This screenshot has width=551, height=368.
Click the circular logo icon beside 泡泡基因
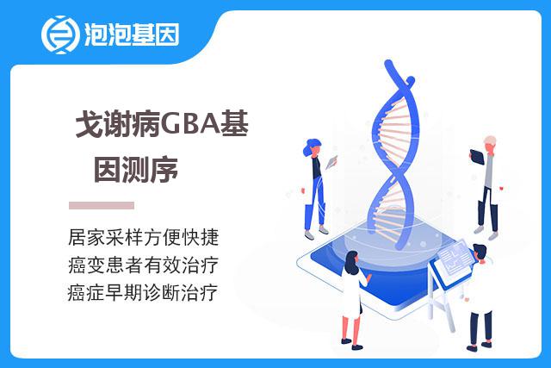click(x=59, y=34)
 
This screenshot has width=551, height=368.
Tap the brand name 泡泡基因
click(x=132, y=34)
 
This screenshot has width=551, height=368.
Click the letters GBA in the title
click(x=190, y=125)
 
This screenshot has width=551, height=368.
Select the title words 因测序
click(x=136, y=170)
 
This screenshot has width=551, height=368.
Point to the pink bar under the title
click(x=102, y=205)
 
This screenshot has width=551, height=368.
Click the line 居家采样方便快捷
click(x=144, y=237)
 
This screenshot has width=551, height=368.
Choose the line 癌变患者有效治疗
click(x=144, y=265)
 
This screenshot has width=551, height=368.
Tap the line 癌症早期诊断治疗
click(x=143, y=293)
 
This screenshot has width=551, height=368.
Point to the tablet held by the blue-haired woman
click(x=331, y=162)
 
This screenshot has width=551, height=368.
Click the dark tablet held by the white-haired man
click(x=476, y=157)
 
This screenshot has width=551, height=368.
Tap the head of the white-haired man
click(x=490, y=144)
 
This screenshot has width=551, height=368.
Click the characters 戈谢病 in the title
click(x=118, y=125)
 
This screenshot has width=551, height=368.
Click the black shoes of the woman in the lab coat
click(x=351, y=345)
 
